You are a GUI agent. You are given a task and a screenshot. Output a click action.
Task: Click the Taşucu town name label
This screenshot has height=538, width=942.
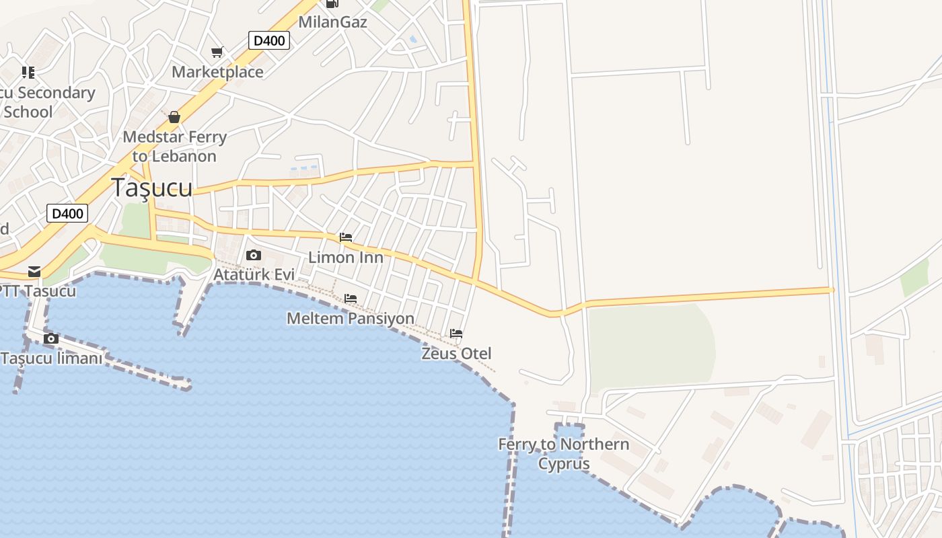(151, 188)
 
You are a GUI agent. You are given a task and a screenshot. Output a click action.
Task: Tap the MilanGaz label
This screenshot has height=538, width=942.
(332, 22)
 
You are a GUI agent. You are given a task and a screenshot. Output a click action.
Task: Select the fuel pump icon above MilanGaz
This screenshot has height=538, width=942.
(332, 3)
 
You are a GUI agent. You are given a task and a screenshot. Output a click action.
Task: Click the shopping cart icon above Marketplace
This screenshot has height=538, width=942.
(217, 52)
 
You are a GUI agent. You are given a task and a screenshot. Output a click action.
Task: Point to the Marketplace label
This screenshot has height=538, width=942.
(217, 72)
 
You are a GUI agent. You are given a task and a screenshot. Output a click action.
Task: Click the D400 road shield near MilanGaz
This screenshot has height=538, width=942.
(269, 40)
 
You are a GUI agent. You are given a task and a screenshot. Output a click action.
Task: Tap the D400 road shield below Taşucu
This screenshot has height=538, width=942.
(68, 214)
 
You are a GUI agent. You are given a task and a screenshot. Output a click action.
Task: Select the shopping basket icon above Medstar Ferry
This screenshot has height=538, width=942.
(174, 117)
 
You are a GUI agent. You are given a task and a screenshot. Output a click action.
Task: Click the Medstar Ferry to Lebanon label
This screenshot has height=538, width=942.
(174, 147)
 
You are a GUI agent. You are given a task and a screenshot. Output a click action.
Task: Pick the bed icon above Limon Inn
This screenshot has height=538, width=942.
(346, 237)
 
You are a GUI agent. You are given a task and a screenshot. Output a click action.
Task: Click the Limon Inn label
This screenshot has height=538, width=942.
(346, 258)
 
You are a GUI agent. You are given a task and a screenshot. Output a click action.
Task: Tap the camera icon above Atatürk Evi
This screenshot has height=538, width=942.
(254, 255)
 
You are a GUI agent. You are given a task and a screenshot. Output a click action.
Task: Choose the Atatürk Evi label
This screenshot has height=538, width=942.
(254, 274)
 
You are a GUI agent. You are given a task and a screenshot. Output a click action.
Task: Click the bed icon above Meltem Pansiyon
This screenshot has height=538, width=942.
(351, 299)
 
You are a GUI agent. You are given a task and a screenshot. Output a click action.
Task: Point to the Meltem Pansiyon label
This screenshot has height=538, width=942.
(351, 318)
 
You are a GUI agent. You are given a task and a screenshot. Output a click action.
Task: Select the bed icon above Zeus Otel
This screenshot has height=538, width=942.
(456, 334)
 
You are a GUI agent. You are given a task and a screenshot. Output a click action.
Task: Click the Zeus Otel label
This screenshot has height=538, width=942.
(456, 353)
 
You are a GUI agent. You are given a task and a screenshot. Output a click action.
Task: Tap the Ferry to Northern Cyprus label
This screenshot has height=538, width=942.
(564, 454)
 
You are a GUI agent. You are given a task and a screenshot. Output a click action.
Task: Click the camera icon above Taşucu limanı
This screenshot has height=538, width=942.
(51, 338)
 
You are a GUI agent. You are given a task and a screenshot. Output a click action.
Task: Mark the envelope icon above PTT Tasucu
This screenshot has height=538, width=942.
(34, 272)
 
